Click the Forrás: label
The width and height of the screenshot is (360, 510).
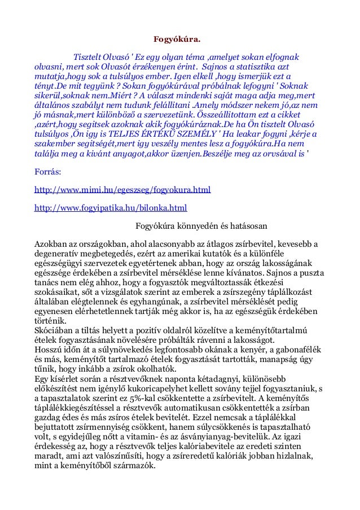coord(47,171)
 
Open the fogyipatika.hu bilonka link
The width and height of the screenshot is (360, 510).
coord(111,208)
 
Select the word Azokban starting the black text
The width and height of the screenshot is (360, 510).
coord(51,245)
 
